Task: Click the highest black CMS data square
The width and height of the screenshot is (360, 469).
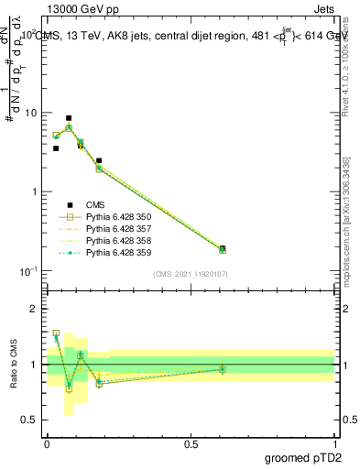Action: click(x=69, y=118)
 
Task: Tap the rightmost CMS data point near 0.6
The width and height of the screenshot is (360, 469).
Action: click(x=223, y=248)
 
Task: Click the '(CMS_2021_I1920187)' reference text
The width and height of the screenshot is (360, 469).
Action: click(x=191, y=274)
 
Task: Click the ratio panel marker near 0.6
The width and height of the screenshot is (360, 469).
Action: click(x=223, y=369)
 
